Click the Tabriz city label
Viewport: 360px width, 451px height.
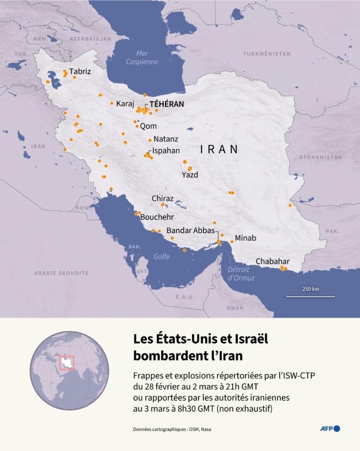(80, 72)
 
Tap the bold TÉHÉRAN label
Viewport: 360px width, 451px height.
(167, 104)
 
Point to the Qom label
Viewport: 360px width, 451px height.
(149, 126)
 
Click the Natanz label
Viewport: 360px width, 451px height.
(166, 139)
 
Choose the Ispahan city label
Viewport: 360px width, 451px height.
(166, 150)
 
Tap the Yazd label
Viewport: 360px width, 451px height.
(190, 175)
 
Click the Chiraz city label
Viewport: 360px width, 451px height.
(163, 198)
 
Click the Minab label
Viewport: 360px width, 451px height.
(245, 238)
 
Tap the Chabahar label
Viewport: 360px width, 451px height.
(272, 261)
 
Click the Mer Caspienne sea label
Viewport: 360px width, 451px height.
(142, 58)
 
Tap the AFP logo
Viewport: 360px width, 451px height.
(330, 428)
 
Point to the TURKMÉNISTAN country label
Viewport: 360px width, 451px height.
(267, 53)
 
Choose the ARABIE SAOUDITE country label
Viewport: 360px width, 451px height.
(62, 273)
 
